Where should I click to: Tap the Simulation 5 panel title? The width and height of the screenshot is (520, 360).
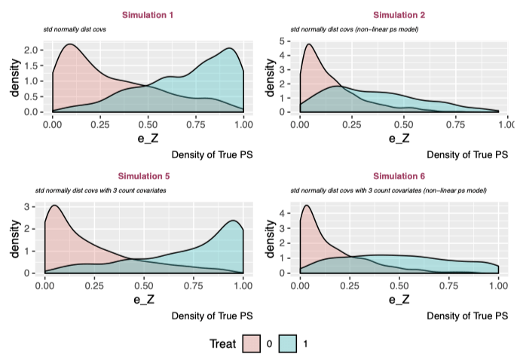click(x=148, y=175)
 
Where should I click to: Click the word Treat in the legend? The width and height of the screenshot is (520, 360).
click(x=224, y=343)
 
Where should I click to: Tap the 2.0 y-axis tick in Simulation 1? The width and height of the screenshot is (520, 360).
click(x=39, y=50)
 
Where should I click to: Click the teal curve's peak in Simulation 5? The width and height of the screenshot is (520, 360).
click(x=233, y=220)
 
